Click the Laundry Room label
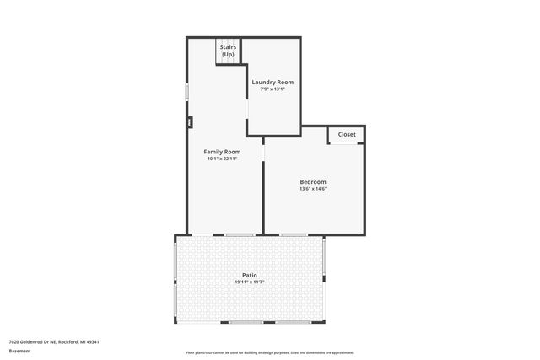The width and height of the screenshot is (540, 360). point(273,82)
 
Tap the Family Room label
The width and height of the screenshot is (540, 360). point(222,152)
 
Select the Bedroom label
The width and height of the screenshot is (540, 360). point(312,181)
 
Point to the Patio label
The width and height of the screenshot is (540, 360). point(249,275)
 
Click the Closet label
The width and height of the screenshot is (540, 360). point(347,134)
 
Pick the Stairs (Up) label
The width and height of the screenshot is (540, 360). point(228,51)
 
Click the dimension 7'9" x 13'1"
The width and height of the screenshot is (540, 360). point(273,89)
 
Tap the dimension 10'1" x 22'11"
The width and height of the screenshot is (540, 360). point(222,159)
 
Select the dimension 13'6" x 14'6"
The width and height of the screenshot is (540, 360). point(312,188)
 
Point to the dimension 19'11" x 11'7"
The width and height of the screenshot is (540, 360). point(250,282)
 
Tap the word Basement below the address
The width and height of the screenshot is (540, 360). point(20,352)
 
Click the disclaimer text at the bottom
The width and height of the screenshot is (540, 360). point(270,352)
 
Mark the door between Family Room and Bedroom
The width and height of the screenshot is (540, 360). point(264,150)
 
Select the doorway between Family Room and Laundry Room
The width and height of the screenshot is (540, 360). point(246,109)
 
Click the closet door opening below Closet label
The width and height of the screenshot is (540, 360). point(342,144)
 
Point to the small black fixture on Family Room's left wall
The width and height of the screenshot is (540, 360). point(189,122)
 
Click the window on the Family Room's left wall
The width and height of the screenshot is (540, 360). point(187,90)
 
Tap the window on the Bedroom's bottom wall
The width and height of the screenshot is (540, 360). point(294,234)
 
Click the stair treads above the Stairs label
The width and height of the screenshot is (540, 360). point(229,41)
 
